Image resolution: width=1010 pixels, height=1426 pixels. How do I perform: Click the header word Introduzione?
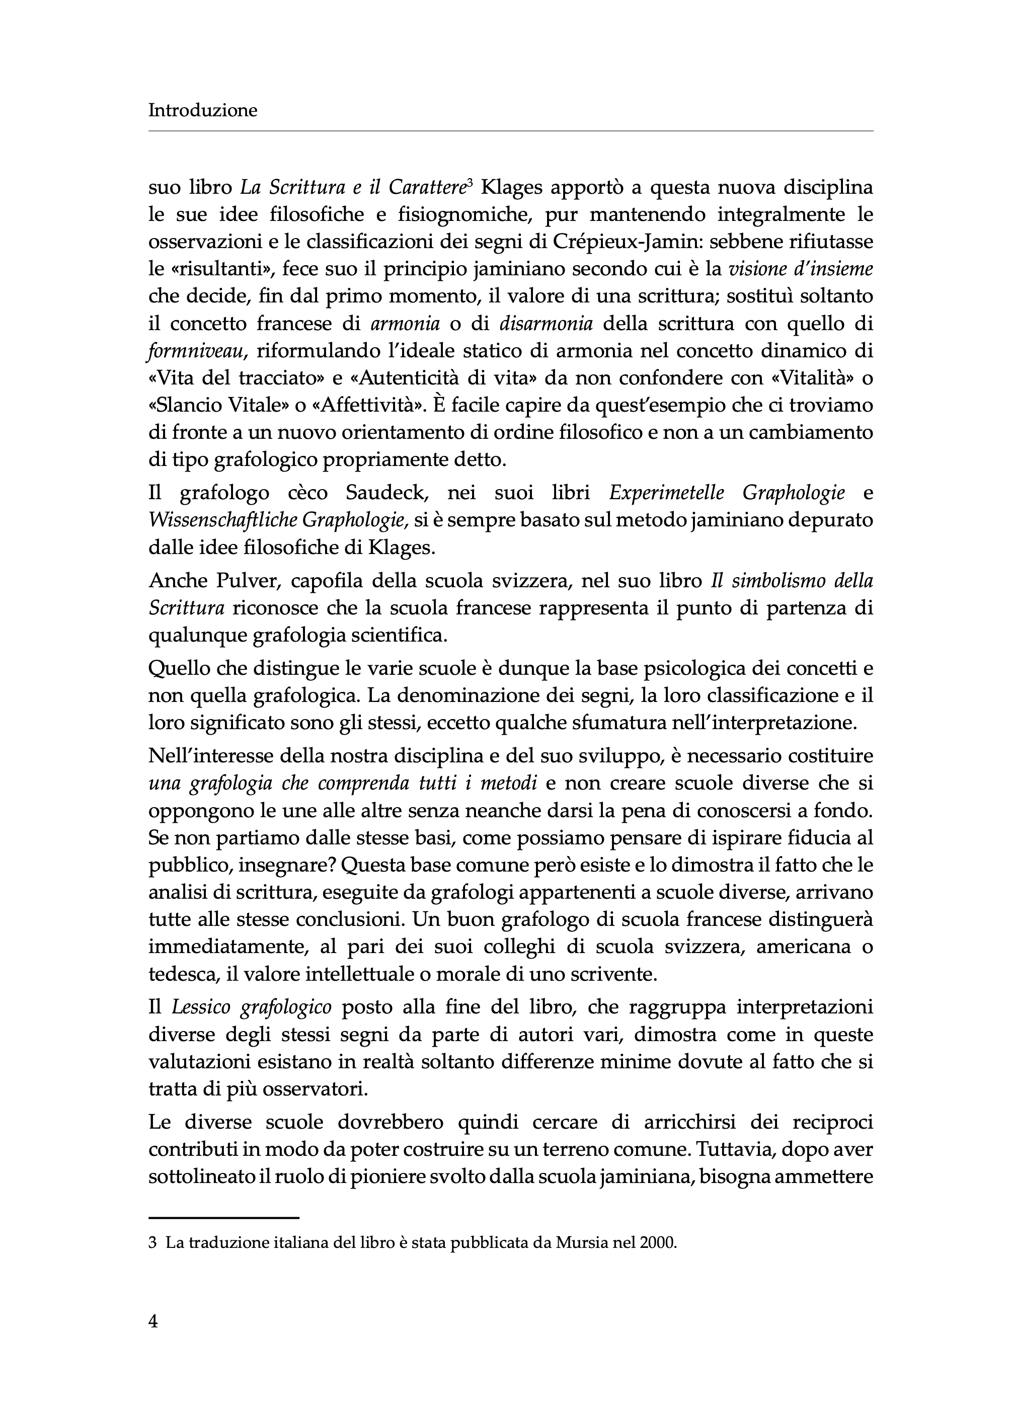203,110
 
